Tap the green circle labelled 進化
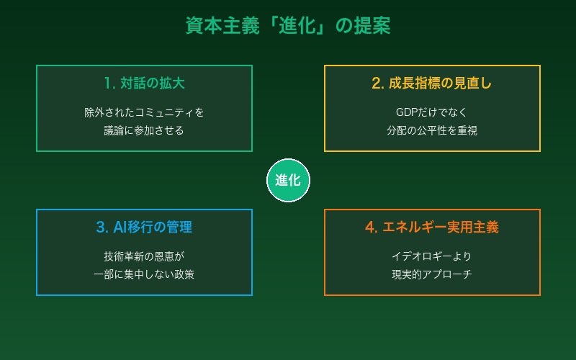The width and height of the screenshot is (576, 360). click(288, 180)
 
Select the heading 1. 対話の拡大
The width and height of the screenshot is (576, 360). click(144, 83)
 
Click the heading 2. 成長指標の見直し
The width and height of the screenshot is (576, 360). click(432, 83)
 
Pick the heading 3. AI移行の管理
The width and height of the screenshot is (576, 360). click(144, 227)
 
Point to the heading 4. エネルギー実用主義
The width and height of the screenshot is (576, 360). click(432, 227)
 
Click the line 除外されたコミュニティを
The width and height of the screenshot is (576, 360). click(144, 112)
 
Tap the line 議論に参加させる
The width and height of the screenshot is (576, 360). click(144, 130)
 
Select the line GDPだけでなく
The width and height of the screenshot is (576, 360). click(432, 112)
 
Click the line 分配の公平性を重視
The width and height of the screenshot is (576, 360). click(432, 130)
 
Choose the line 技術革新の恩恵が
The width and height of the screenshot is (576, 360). click(144, 256)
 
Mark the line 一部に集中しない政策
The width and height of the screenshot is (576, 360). click(144, 274)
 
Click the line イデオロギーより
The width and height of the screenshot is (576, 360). click(432, 256)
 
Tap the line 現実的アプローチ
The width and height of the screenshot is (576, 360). click(432, 274)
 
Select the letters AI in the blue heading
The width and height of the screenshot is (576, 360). click(121, 227)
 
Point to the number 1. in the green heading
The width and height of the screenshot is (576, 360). click(109, 83)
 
